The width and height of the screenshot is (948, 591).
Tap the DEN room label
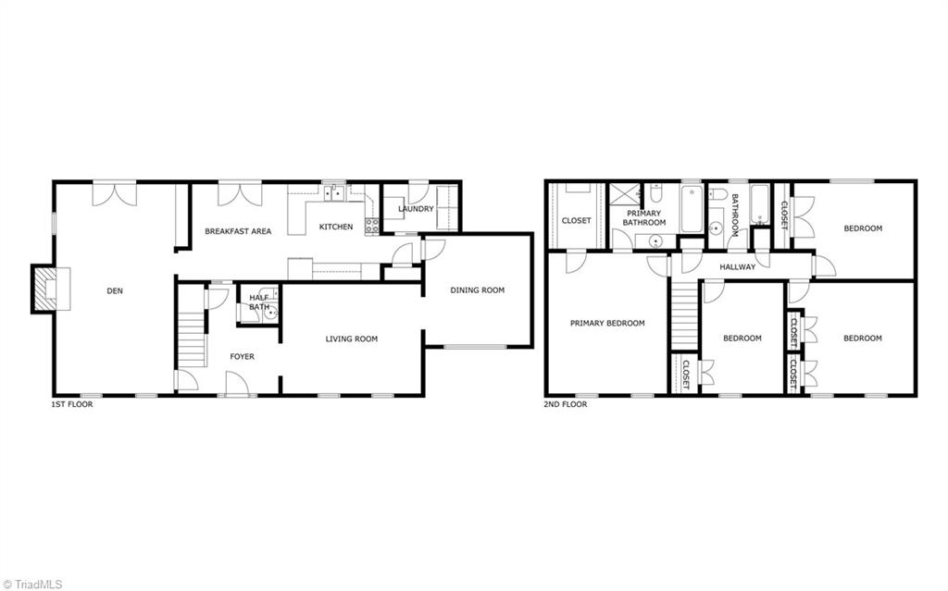pyautogui.click(x=115, y=291)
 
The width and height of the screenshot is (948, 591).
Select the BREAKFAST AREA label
pyautogui.click(x=238, y=231)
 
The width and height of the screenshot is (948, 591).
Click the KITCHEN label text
pyautogui.click(x=335, y=227)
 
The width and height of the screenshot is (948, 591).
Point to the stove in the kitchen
pyautogui.click(x=372, y=226)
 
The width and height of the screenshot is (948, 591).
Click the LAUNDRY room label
pyautogui.click(x=416, y=209)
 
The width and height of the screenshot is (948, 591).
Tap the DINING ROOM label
pyautogui.click(x=477, y=290)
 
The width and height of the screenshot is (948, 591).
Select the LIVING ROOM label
pyautogui.click(x=351, y=339)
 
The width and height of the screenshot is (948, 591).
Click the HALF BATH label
pyautogui.click(x=259, y=302)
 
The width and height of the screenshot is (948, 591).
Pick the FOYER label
pyautogui.click(x=242, y=357)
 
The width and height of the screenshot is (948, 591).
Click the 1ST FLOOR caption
pyautogui.click(x=71, y=404)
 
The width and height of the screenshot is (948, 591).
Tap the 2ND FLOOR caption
pyautogui.click(x=565, y=404)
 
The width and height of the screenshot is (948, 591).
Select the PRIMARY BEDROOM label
pyautogui.click(x=606, y=324)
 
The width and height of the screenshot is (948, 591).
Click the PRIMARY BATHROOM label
pyautogui.click(x=643, y=218)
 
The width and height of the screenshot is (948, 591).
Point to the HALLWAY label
pyautogui.click(x=737, y=267)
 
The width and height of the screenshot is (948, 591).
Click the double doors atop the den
pyautogui.click(x=114, y=193)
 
